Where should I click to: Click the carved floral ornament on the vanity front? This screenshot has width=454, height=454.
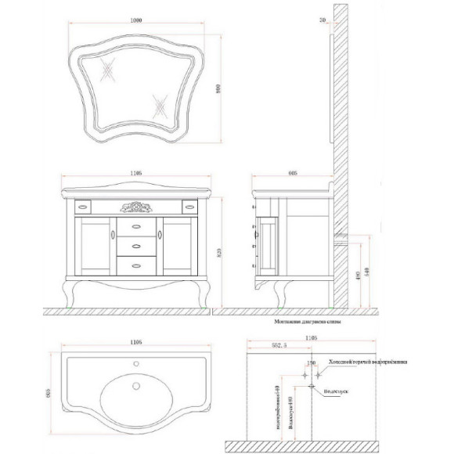click(136, 207)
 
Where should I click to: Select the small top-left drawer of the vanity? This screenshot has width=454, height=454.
click(84, 207)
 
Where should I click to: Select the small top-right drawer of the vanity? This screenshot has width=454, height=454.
click(189, 207)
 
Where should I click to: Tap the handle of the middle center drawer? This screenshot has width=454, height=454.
click(136, 246)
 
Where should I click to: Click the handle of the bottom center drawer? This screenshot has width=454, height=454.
click(136, 265)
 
